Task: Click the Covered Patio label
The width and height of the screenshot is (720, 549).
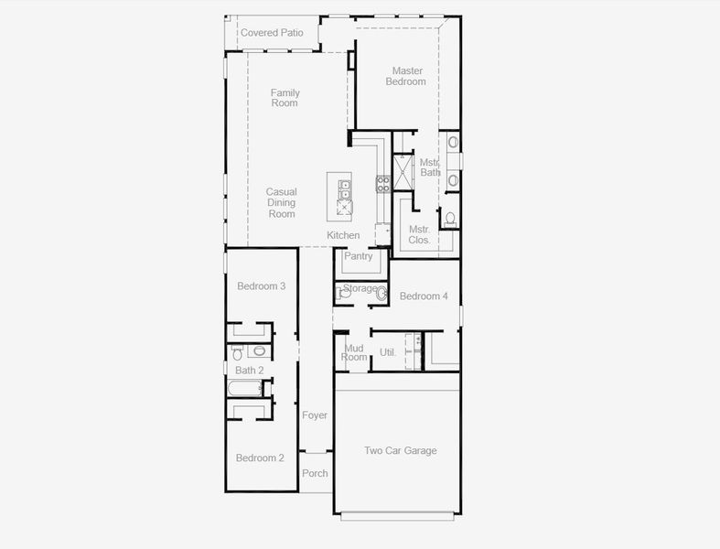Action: (x=272, y=33)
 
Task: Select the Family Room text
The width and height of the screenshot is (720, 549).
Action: (x=285, y=98)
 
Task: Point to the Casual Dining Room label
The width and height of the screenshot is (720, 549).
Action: (x=281, y=203)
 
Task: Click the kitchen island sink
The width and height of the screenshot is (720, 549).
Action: (x=345, y=189)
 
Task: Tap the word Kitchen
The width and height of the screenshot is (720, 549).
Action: (x=343, y=235)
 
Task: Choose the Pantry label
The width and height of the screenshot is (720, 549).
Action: (x=359, y=256)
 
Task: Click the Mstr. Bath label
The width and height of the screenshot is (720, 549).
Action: (x=430, y=167)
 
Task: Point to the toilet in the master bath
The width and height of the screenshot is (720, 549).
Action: (x=449, y=219)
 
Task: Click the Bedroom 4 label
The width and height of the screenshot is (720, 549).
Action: (x=424, y=296)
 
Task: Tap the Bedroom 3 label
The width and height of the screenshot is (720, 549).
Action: (x=261, y=286)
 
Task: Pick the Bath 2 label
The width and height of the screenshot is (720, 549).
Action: (x=249, y=370)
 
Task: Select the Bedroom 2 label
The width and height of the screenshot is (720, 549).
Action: (x=260, y=457)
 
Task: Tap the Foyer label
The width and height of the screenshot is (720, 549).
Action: (x=315, y=415)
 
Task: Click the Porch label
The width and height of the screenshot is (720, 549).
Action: (x=315, y=473)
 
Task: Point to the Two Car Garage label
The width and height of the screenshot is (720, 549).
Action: (x=400, y=450)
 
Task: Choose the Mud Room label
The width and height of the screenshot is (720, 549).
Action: (x=355, y=352)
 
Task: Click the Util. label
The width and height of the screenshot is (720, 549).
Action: (x=388, y=352)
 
